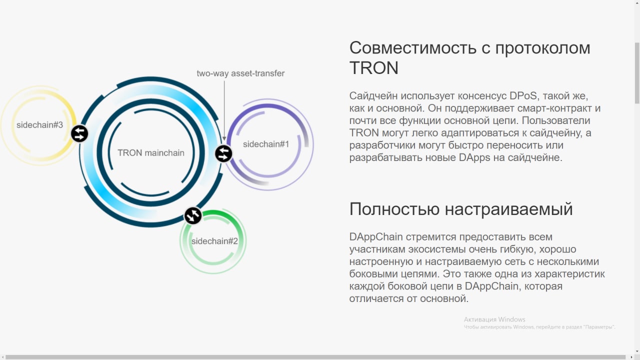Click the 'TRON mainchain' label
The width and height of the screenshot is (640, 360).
(x=151, y=153)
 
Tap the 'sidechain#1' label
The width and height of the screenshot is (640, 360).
(x=266, y=144)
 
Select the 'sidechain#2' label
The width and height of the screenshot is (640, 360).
(x=214, y=241)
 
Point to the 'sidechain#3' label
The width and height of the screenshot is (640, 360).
(x=39, y=125)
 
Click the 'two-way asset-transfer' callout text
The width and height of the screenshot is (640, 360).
(x=240, y=73)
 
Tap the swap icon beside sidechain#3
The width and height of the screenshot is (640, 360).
(x=79, y=133)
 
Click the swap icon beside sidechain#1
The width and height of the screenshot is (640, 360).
(x=223, y=153)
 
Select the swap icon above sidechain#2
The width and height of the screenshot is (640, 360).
(x=193, y=215)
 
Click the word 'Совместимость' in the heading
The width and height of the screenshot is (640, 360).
(x=413, y=47)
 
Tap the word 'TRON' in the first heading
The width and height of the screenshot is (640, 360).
(x=373, y=68)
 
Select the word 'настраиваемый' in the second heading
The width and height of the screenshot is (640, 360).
(x=509, y=209)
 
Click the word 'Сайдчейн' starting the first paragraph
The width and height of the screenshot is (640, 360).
(x=373, y=95)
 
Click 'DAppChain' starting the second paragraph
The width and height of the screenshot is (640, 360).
(x=376, y=237)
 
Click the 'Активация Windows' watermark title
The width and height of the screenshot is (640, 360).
(x=494, y=319)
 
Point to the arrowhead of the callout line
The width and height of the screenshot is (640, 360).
(x=224, y=139)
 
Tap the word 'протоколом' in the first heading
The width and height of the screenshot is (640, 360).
(x=543, y=47)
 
